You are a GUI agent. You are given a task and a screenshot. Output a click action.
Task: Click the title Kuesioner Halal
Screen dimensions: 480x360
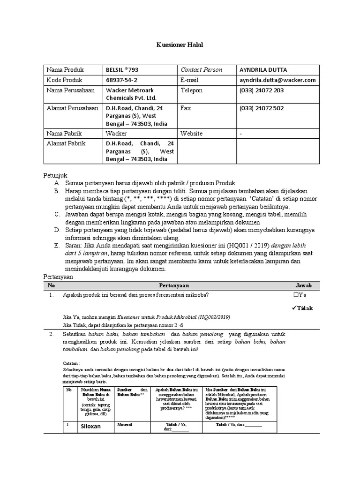(x=180, y=45)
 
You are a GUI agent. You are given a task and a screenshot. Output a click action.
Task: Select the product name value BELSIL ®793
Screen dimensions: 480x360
(x=122, y=70)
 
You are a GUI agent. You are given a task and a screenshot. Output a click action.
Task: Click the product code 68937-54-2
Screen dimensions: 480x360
(x=121, y=80)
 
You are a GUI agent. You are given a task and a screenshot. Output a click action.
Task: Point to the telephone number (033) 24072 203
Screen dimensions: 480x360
(x=261, y=90)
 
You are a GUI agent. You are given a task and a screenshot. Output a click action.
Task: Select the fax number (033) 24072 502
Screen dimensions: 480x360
(x=261, y=108)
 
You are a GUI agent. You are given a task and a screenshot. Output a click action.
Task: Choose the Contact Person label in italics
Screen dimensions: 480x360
(x=201, y=70)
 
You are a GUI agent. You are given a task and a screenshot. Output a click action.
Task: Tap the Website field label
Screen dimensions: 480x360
(x=192, y=134)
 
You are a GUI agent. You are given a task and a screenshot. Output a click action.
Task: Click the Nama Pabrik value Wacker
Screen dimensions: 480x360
(x=116, y=134)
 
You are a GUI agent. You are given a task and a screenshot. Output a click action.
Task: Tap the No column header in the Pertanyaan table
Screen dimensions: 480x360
(x=52, y=285)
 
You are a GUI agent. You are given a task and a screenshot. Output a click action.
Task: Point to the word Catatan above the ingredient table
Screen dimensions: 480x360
(x=72, y=363)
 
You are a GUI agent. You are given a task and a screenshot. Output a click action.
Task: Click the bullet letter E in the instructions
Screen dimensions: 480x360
(x=56, y=246)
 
